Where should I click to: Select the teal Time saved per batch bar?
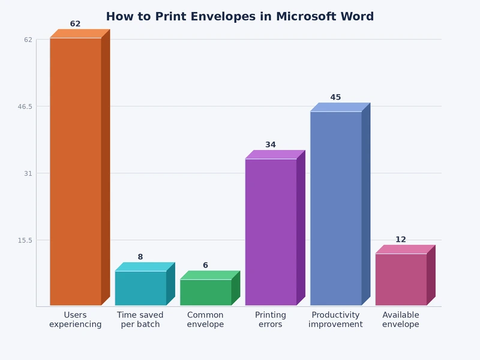(140, 289)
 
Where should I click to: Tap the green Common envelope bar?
(205, 293)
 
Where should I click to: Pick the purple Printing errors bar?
(271, 232)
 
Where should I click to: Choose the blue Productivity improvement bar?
(335, 208)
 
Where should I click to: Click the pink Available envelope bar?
(401, 280)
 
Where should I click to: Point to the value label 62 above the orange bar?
(75, 24)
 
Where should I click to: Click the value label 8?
(140, 257)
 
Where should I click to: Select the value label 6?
(205, 265)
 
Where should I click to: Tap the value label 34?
(271, 145)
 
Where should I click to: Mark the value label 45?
(335, 97)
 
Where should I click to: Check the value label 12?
(401, 239)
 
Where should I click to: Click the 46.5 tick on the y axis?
(25, 106)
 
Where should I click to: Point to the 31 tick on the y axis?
(28, 173)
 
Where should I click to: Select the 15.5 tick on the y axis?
(25, 240)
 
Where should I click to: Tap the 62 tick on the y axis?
(28, 40)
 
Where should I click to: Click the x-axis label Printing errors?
(271, 320)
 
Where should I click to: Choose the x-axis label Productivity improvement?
(335, 320)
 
